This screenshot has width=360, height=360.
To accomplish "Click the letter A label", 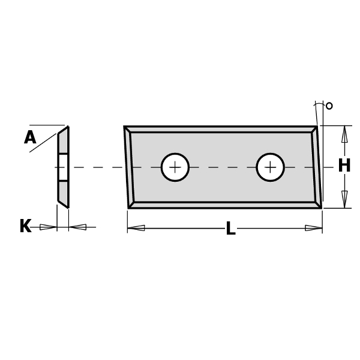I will point(30,138).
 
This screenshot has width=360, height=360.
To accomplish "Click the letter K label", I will point(25,227).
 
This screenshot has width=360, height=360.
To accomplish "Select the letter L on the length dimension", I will point(230,229).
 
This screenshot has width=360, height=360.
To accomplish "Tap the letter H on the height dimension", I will point(344,166).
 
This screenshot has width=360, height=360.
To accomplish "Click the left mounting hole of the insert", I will point(175,167).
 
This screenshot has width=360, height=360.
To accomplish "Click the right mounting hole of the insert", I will point(270,167).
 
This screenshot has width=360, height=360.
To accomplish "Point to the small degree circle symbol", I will point(329,106).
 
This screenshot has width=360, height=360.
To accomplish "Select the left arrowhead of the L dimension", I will point(136,228).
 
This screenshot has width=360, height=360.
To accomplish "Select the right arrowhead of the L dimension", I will point(313,228).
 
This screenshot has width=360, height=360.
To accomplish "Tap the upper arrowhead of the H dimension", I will point(344,134).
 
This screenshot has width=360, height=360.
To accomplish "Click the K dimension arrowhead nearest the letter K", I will point(48,227).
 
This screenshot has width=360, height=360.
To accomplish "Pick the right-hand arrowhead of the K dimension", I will point(78,227).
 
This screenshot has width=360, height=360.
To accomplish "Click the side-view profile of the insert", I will point(63,167).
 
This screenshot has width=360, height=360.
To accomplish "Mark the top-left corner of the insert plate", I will point(125,127).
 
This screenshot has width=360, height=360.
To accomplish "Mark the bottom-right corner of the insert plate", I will point(320,207).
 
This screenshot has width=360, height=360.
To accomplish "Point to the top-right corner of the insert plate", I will point(316,127).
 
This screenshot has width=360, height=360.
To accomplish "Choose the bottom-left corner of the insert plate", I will point(130,207).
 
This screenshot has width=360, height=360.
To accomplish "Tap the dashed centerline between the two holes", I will point(222,167).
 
